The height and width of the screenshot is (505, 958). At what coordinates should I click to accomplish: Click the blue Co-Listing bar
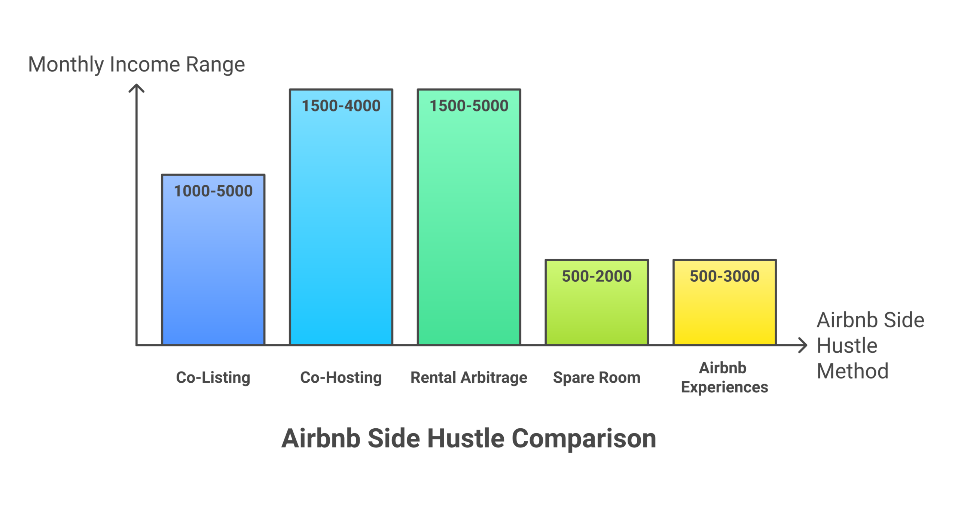(x=213, y=269)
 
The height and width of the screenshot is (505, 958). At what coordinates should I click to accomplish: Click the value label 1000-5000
(x=213, y=191)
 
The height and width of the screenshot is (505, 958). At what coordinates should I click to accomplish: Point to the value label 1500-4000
(x=341, y=105)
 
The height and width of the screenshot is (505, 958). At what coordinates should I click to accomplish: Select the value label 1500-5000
(x=469, y=105)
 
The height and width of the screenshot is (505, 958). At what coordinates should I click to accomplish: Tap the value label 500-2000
(x=597, y=276)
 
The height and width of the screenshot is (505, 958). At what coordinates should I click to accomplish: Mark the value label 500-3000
(x=724, y=276)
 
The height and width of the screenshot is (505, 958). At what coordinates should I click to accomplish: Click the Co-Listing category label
(x=213, y=377)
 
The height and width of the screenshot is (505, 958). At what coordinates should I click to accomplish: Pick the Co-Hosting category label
(x=341, y=377)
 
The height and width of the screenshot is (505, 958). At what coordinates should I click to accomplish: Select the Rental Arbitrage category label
(x=469, y=377)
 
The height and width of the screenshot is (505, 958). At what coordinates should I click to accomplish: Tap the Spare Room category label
(x=597, y=377)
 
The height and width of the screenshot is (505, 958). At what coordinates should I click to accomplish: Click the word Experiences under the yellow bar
(x=724, y=387)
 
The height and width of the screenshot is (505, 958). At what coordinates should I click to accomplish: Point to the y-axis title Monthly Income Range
(x=136, y=64)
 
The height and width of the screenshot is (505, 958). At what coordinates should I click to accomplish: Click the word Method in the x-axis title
(x=852, y=371)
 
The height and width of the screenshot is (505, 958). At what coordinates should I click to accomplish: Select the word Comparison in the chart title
(x=583, y=438)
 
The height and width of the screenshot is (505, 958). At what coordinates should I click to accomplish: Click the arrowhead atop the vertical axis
(x=136, y=88)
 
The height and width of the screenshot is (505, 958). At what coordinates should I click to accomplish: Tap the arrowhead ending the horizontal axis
(x=803, y=345)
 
